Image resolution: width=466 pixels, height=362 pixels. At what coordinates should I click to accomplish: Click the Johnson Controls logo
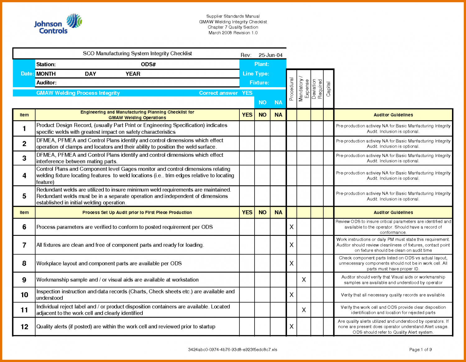pos(58,24)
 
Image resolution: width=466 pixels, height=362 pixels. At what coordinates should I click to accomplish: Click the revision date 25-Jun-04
pos(270,55)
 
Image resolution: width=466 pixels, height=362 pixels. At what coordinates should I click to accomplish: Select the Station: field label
pos(46,64)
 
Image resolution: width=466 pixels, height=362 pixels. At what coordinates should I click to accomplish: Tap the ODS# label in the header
pos(148,64)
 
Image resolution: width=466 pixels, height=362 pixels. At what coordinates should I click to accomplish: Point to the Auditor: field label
pos(46,83)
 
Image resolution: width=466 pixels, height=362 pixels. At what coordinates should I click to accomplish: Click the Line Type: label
pos(256,74)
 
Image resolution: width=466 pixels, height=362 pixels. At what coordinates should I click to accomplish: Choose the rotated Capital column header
pos(328,89)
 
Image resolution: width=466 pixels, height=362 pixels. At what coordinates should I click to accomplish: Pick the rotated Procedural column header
pos(291,89)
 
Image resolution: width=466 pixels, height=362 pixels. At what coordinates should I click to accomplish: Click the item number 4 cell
pos(24,176)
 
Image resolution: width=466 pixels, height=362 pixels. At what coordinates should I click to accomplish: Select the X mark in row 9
pos(304,280)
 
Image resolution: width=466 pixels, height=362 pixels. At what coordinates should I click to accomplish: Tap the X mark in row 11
pos(304,310)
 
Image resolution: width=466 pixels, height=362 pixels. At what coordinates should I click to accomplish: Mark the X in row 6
pos(291,227)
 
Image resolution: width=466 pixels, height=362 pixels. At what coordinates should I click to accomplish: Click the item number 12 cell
pos(24,327)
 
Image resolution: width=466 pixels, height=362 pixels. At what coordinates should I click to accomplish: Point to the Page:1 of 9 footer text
pos(420,350)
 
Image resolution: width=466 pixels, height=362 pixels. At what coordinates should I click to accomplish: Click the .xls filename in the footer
pos(233,350)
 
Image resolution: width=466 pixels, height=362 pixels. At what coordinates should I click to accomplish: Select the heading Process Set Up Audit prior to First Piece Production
pos(137,212)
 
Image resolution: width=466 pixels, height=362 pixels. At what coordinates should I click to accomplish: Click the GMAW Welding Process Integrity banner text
pos(78,93)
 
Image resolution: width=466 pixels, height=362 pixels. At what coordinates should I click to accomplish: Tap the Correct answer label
pos(218,93)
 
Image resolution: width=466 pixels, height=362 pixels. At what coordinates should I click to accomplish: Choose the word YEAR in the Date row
pos(133,74)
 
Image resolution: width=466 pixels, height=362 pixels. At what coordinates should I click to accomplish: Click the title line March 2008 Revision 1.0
pos(233,33)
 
